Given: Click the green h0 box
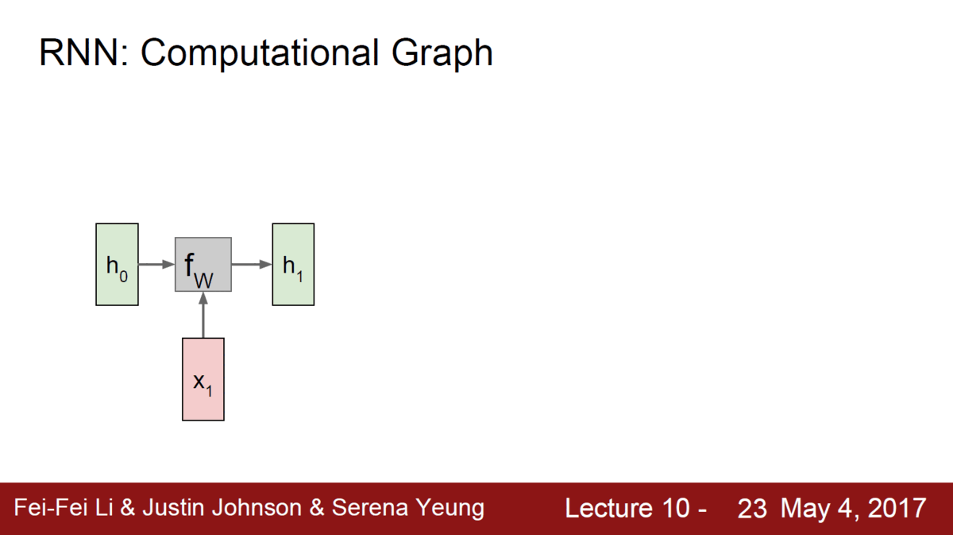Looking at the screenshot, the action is pyautogui.click(x=117, y=264).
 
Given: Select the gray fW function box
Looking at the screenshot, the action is pyautogui.click(x=203, y=265).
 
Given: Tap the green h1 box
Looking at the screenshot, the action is pyautogui.click(x=293, y=264).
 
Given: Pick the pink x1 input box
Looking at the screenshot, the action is pyautogui.click(x=203, y=379).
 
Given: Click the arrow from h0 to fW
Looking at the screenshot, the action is pyautogui.click(x=156, y=265).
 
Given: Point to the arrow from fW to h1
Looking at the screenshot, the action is pyautogui.click(x=252, y=265).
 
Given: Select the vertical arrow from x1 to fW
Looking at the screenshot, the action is pyautogui.click(x=203, y=315).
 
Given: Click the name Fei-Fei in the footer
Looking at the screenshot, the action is pyautogui.click(x=51, y=507).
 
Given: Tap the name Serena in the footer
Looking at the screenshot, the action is pyautogui.click(x=370, y=507).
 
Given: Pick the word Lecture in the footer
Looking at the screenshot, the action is pyautogui.click(x=610, y=508).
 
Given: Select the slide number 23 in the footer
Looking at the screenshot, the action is pyautogui.click(x=752, y=508).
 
